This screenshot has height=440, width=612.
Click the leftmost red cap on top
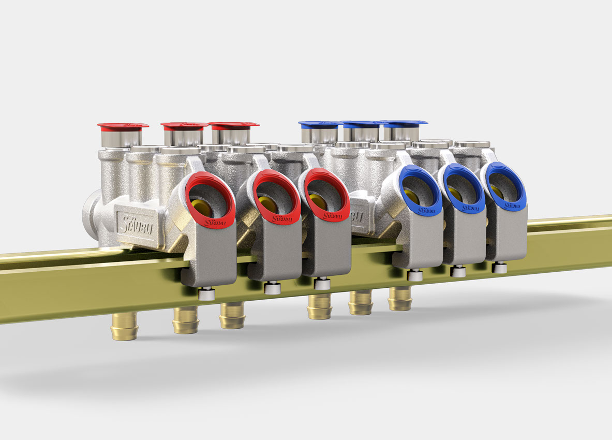click(123, 126)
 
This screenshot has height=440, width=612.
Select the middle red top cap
click(185, 126)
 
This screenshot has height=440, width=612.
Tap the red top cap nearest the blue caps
click(233, 125)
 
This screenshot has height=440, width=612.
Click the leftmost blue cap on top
click(318, 124)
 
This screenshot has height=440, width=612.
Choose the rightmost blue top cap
click(405, 123)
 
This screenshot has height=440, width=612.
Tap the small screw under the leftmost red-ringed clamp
click(206, 294)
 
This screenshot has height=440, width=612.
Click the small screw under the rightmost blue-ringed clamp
click(499, 267)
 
